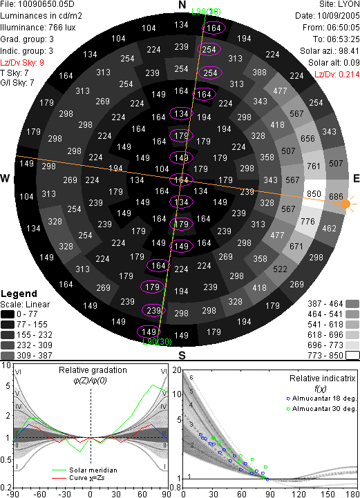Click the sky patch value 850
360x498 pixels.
point(314,193)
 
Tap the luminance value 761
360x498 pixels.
point(314,166)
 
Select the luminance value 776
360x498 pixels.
point(307,221)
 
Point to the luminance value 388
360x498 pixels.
point(259,73)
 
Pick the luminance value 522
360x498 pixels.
point(280,269)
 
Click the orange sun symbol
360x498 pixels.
point(345,204)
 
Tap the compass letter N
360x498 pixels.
point(182,5)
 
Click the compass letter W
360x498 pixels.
point(5,178)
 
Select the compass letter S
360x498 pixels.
point(182,355)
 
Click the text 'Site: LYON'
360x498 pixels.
point(339,4)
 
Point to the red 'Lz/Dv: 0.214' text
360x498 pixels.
point(337,75)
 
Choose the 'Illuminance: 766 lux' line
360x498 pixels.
point(38,28)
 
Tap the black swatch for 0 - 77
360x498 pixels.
point(8,314)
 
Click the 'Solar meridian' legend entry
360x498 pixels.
point(93,470)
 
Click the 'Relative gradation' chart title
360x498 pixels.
point(93,370)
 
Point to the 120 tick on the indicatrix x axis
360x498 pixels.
point(299,494)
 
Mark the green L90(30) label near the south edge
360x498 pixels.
point(157,342)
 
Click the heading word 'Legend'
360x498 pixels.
point(19,294)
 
